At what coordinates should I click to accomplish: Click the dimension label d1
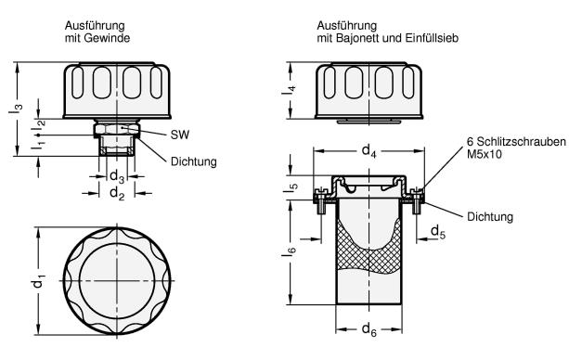click(38, 282)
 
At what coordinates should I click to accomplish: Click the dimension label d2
click(117, 193)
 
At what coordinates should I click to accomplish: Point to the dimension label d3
click(117, 176)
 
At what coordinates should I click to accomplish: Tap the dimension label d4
click(369, 150)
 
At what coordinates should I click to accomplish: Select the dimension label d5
click(437, 232)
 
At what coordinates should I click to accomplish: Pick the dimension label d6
click(369, 329)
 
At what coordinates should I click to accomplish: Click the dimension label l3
click(16, 109)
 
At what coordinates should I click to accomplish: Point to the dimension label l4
click(290, 90)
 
